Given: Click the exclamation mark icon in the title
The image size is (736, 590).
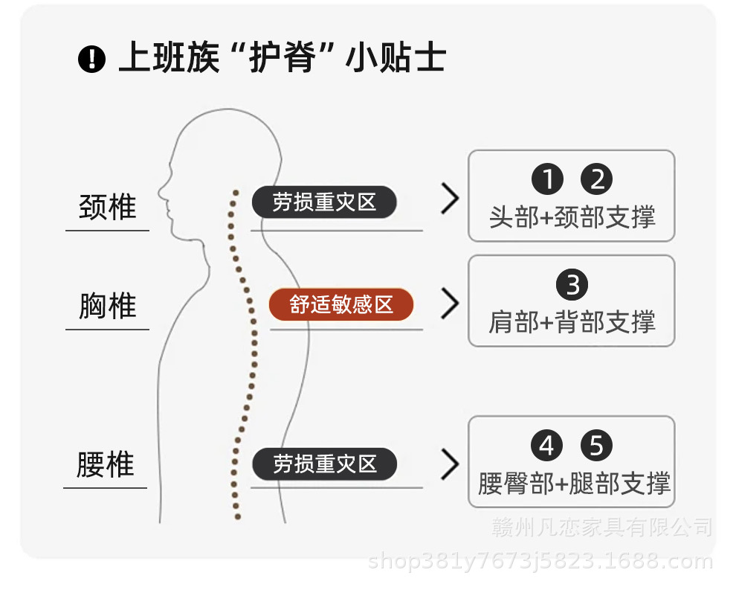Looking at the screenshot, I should [x=91, y=59].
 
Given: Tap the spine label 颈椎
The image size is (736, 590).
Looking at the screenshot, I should [x=108, y=206].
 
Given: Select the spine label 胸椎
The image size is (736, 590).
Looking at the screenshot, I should [x=108, y=306].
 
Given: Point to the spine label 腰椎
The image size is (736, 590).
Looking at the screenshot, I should [x=106, y=465].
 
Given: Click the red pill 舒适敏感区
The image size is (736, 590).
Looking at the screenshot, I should [x=341, y=305].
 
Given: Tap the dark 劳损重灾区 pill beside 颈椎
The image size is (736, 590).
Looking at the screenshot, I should [x=324, y=202].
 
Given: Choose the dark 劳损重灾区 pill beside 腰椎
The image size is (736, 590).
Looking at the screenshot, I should [x=325, y=464].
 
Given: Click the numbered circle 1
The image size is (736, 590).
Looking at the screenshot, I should [x=547, y=179].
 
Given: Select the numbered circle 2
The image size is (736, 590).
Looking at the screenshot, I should [x=596, y=179].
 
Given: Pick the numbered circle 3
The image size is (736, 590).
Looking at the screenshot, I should [x=572, y=285].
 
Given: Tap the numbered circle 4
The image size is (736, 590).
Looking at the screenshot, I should [x=546, y=446].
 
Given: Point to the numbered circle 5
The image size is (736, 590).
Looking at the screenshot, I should [x=596, y=446].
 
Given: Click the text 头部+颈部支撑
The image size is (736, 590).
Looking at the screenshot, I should [x=572, y=217].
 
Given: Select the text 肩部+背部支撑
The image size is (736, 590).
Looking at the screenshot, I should [x=572, y=322].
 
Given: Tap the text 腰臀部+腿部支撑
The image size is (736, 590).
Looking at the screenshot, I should [x=574, y=484].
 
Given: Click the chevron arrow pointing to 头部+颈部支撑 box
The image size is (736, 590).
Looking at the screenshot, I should [x=450, y=199].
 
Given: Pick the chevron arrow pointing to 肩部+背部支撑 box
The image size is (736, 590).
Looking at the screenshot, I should [x=450, y=304].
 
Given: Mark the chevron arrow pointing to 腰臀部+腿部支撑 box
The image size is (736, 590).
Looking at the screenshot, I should [x=450, y=464].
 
